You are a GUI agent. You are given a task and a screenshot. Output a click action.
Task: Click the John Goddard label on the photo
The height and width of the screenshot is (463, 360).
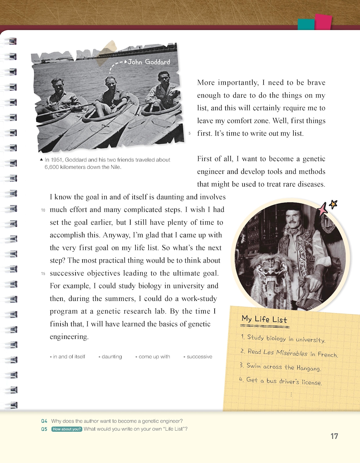[149, 62]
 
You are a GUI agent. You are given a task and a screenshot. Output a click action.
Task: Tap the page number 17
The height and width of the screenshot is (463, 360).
[334, 436]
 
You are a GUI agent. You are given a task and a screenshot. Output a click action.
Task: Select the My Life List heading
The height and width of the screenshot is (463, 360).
[264, 320]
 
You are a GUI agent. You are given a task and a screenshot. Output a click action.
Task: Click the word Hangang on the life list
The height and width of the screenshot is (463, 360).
[308, 368]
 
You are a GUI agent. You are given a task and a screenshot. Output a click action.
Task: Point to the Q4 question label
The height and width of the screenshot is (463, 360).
[44, 421]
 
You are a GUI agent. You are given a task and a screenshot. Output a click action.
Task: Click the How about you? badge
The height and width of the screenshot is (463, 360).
[67, 429]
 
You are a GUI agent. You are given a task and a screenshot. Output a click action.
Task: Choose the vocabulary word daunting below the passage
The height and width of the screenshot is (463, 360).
[112, 357]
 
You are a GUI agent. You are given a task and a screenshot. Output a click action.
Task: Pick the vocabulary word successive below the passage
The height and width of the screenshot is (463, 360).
[199, 357]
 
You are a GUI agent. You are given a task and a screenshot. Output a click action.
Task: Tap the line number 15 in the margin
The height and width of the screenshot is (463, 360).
[43, 274]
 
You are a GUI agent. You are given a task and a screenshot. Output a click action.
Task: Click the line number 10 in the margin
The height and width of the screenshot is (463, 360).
[43, 210]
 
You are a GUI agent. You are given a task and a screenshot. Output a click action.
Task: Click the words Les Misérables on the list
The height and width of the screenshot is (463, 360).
[285, 353]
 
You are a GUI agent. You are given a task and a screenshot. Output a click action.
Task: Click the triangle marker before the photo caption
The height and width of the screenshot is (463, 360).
[41, 160]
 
